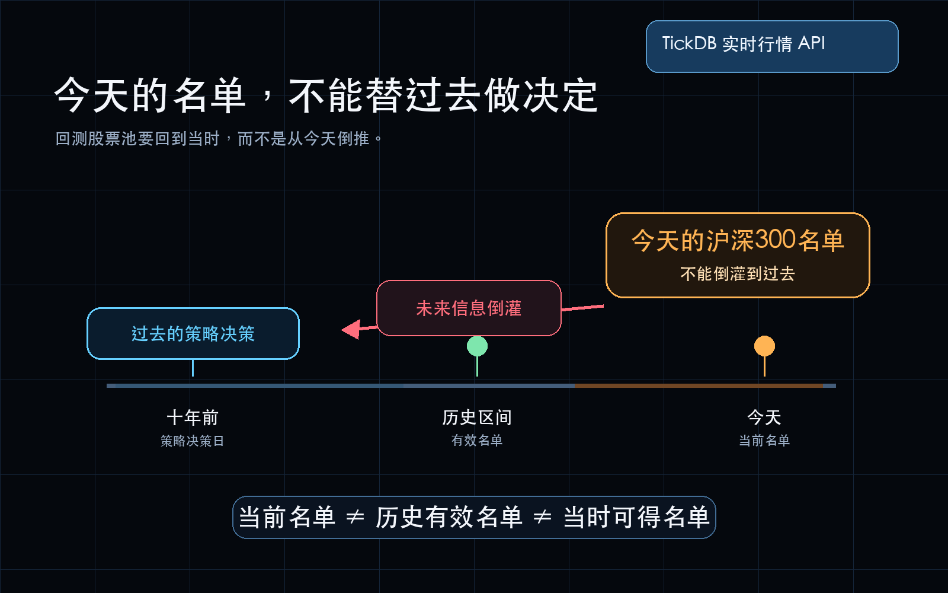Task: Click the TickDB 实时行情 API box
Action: (x=772, y=46)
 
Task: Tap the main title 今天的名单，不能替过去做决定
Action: (x=326, y=95)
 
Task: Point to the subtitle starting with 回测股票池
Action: (x=219, y=139)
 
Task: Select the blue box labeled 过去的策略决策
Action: (x=193, y=333)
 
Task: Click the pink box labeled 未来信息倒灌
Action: (x=469, y=308)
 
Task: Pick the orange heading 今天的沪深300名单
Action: (x=738, y=240)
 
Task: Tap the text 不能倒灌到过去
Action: (x=738, y=273)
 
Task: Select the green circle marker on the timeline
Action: (x=477, y=346)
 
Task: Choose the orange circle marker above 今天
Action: (x=764, y=346)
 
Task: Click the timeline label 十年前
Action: (x=193, y=417)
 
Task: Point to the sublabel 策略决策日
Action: (x=192, y=441)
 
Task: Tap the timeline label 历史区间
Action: (x=477, y=417)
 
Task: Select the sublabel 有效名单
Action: (x=477, y=441)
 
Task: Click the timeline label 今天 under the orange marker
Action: (x=764, y=417)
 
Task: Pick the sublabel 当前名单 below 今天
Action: (x=764, y=441)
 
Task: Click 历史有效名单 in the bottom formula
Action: (x=449, y=517)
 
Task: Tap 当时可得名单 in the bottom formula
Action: (x=636, y=517)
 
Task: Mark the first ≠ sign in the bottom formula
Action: (x=355, y=517)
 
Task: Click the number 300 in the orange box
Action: (x=776, y=240)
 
